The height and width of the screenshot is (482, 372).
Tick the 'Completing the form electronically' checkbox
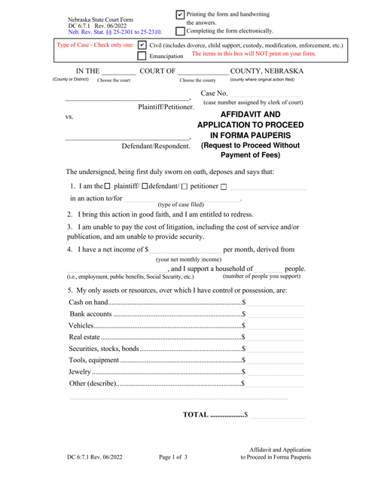(181, 29)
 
